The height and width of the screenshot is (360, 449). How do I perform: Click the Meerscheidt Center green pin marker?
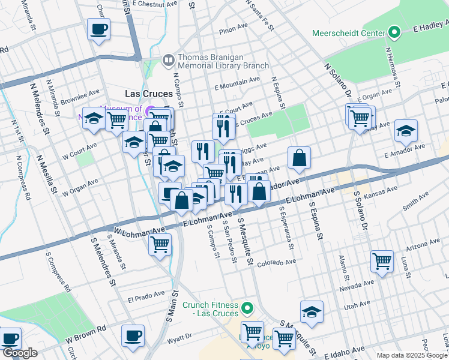[x=394, y=31]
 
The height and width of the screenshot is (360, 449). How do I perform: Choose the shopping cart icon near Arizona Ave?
[x=382, y=260]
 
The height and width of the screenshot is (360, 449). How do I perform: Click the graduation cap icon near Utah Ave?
[x=312, y=311]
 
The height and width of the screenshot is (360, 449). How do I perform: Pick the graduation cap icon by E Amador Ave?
[x=406, y=130]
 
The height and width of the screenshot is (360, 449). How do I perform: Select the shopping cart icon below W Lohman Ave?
[x=160, y=244]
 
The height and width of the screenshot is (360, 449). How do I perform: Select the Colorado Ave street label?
[x=276, y=263]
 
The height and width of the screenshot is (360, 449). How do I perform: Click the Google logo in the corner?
[x=19, y=353]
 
